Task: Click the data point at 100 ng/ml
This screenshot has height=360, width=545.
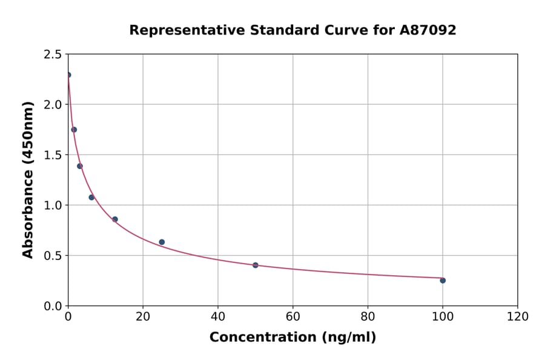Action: tap(443, 281)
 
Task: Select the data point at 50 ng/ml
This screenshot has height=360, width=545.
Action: tap(256, 265)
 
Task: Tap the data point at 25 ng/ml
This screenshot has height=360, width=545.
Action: tap(162, 242)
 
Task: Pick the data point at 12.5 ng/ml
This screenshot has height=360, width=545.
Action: tap(115, 219)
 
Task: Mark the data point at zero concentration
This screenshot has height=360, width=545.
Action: tap(68, 75)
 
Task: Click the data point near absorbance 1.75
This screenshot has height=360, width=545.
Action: tap(74, 130)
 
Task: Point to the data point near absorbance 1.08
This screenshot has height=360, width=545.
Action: tap(91, 198)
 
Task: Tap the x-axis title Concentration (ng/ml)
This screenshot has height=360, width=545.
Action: tap(292, 338)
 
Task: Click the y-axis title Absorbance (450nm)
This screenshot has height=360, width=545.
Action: tap(28, 179)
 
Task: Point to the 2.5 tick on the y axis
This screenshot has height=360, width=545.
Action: tap(53, 55)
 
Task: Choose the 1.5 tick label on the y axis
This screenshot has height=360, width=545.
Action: tap(53, 155)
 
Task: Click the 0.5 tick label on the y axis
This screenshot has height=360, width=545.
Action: tap(53, 256)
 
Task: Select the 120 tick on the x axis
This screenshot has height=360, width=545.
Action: tap(518, 317)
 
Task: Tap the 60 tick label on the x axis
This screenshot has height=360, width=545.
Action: tap(292, 317)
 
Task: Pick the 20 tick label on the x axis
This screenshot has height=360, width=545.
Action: tap(143, 317)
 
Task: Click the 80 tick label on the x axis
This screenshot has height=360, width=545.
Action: tap(368, 317)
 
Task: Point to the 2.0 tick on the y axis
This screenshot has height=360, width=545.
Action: tap(53, 105)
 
